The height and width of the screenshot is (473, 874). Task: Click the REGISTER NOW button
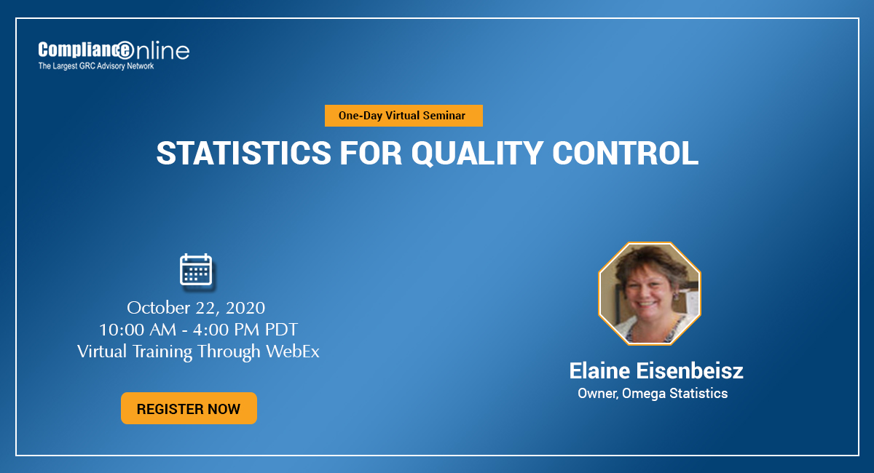189,408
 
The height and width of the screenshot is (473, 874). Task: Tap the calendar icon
196,269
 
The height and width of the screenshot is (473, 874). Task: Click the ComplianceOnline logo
113,50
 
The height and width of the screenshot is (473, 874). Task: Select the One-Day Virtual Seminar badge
404,116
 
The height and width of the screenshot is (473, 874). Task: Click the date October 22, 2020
196,306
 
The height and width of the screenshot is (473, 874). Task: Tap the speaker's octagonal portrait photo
649,293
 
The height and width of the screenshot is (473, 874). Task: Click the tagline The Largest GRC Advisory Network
95,66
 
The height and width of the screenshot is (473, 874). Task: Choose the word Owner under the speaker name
596,394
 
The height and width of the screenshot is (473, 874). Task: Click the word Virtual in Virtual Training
103,351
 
